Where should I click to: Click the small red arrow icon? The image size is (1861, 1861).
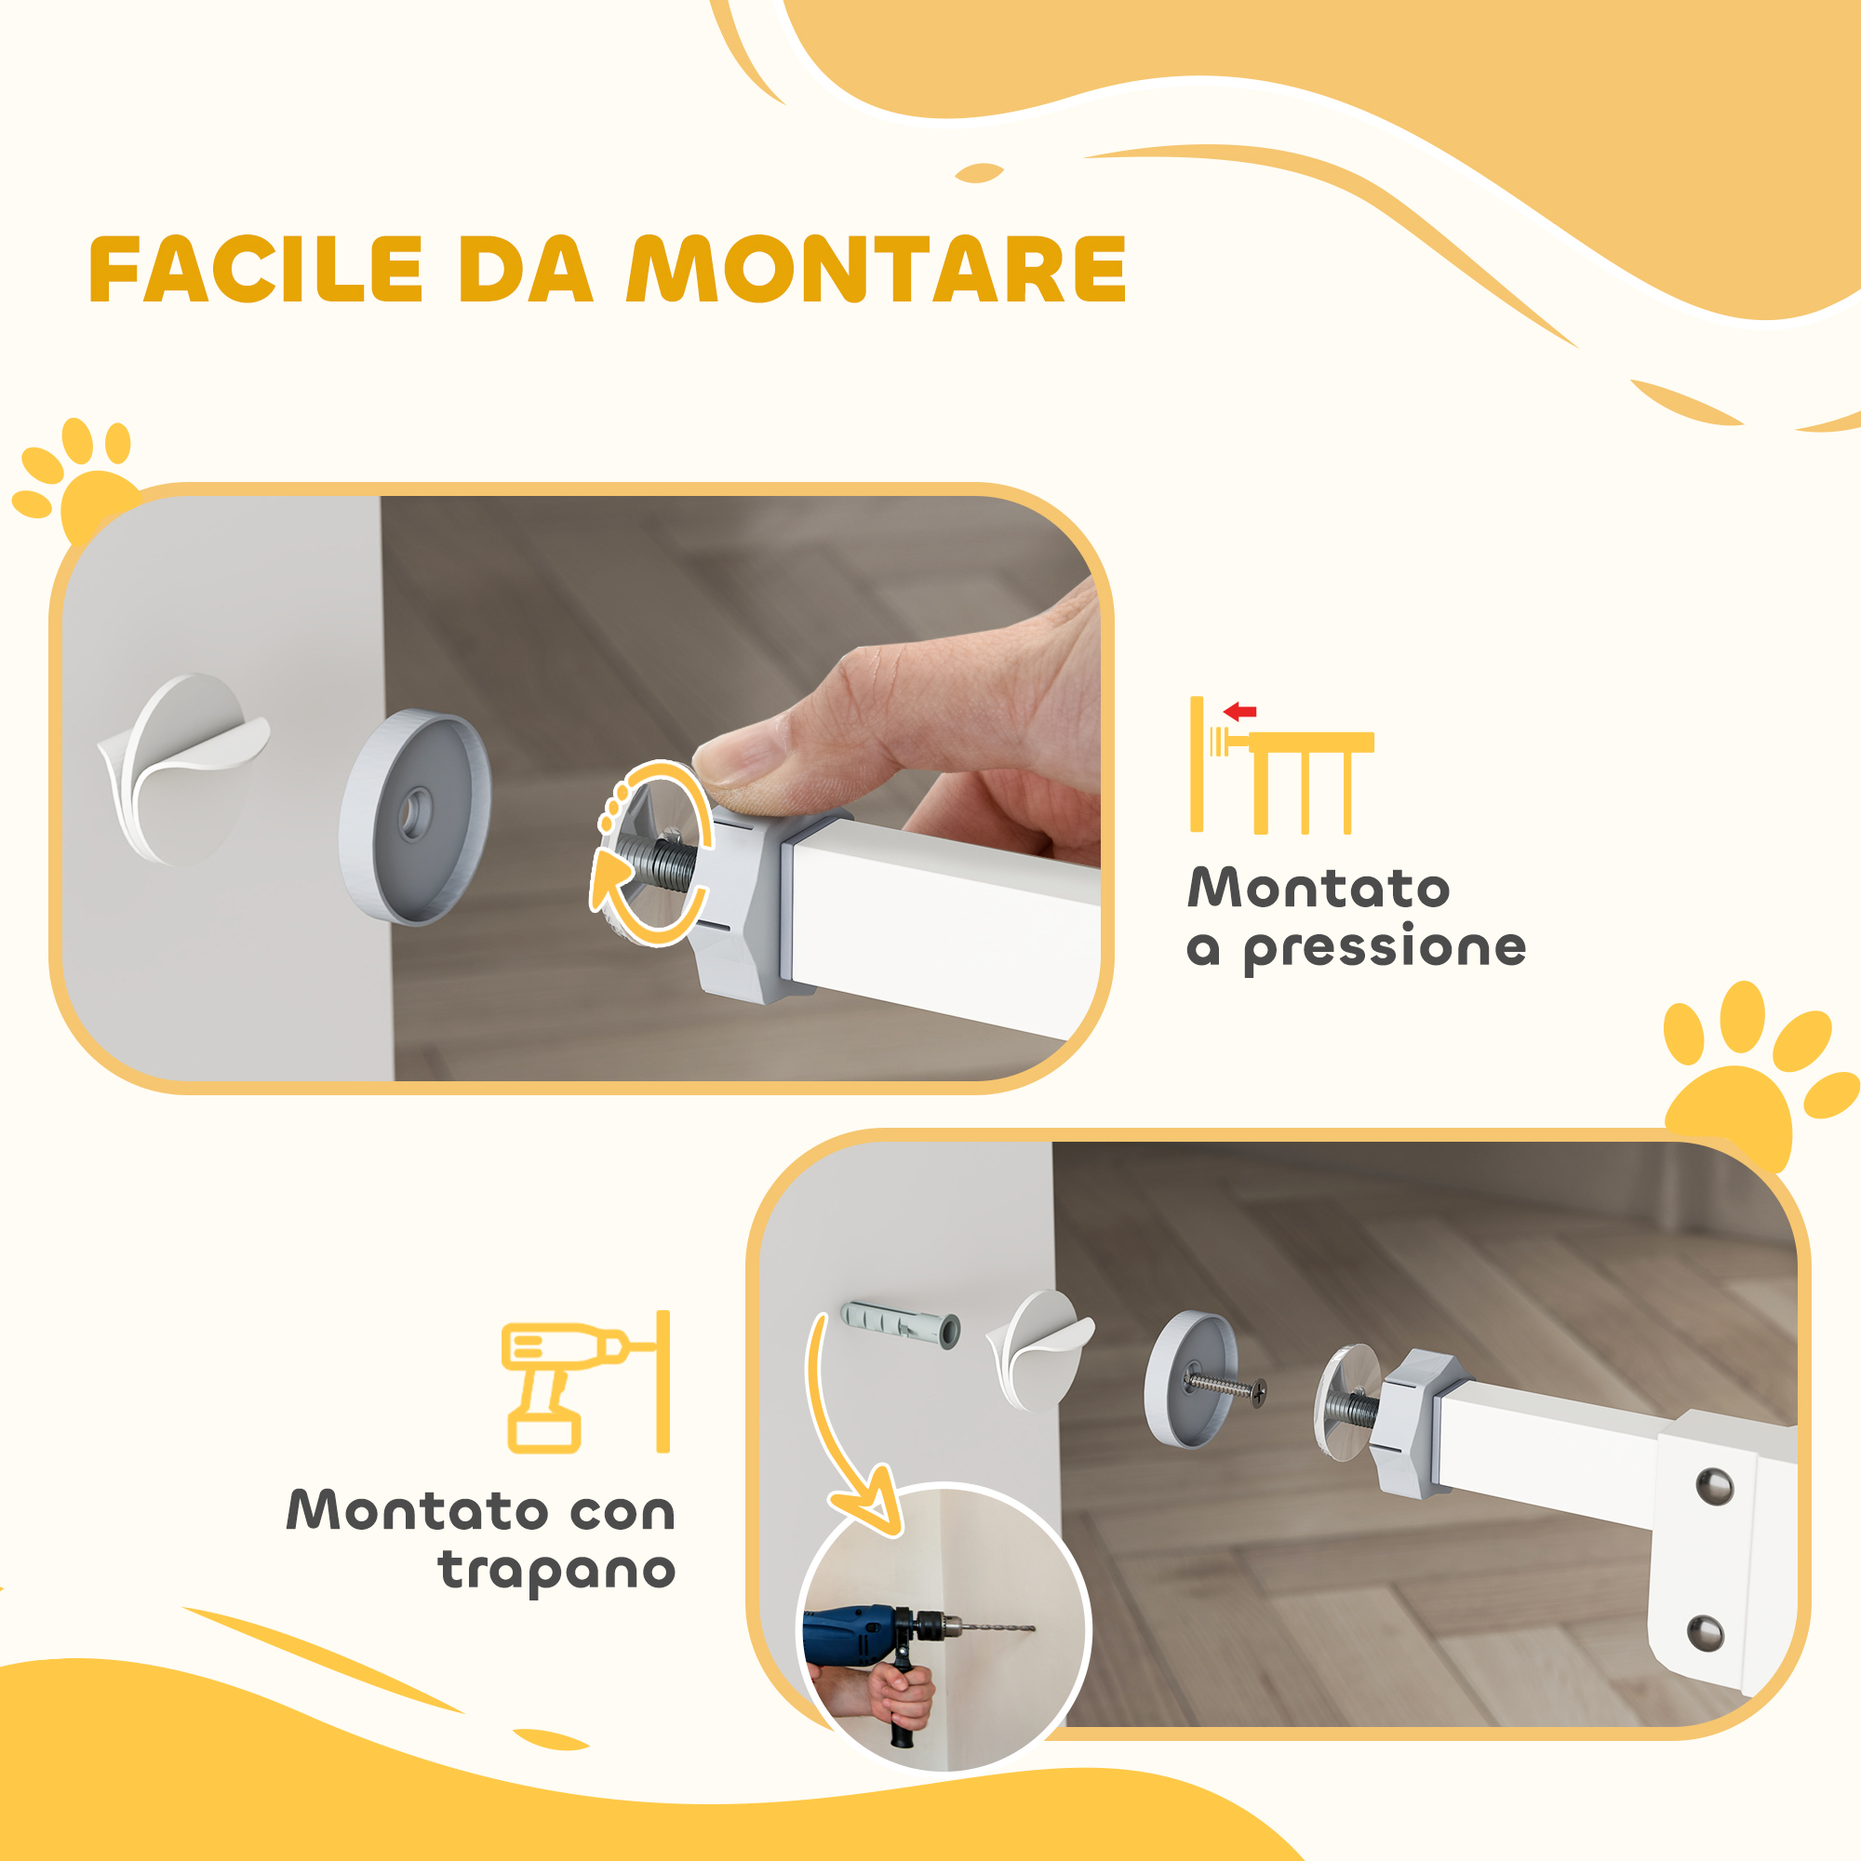[x=1239, y=713]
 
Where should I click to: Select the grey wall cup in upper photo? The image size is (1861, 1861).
[x=415, y=817]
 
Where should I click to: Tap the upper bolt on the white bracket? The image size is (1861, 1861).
[x=1715, y=1487]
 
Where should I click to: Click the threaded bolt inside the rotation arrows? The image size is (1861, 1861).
[x=656, y=860]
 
